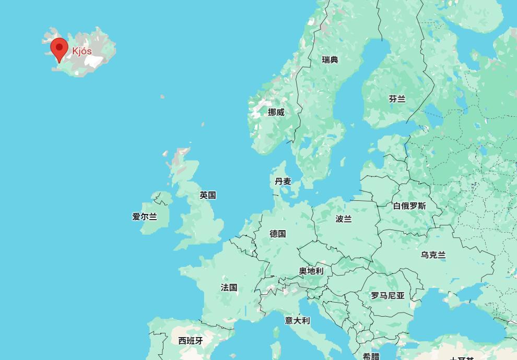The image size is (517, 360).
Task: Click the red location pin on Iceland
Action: point(59,49)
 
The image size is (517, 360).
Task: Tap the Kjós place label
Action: point(82,51)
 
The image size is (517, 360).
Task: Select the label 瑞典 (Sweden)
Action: point(330,60)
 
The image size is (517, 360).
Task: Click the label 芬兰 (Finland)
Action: point(397,99)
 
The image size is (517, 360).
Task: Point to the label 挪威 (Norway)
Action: point(276,112)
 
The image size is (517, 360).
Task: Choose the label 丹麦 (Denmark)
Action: point(283,182)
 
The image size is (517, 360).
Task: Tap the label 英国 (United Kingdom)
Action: point(208,195)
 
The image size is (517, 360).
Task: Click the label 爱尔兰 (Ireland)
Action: point(145,217)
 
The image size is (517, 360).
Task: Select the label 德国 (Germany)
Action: point(278,234)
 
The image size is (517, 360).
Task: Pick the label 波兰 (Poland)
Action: point(344,219)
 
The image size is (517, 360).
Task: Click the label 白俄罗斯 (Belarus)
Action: point(409,206)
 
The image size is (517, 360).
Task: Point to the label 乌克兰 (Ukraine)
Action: point(433,255)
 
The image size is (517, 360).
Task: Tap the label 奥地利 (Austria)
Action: point(311,271)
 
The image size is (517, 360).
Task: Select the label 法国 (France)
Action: point(229,287)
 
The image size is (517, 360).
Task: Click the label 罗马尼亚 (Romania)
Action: point(388,296)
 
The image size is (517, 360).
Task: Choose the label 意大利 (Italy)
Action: point(297,321)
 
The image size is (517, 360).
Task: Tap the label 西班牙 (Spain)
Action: point(190,341)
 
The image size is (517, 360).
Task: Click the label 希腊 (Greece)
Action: point(371,356)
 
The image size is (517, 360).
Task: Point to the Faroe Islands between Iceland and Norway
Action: point(162,97)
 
